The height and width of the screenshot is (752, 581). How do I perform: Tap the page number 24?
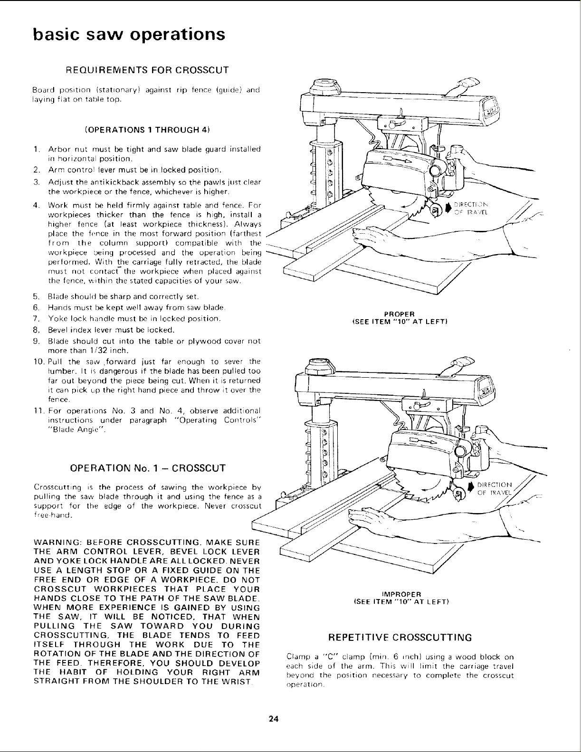pyautogui.click(x=272, y=719)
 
